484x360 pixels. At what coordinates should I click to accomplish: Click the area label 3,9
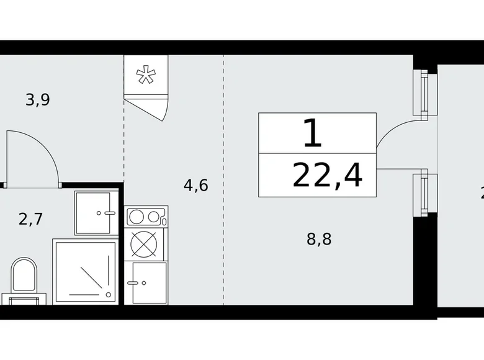coord(37,99)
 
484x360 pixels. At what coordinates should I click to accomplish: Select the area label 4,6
coord(195,185)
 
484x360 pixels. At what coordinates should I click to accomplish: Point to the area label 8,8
coord(319,239)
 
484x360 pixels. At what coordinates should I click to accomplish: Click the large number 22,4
coord(327,176)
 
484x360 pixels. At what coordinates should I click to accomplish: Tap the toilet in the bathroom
coord(24,276)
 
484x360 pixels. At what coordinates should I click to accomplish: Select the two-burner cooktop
coord(146,217)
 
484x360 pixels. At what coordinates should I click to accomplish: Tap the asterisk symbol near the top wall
coord(146,76)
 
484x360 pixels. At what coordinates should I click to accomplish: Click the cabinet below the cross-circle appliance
coord(146,282)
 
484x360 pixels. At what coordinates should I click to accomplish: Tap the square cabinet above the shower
coord(96,213)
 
